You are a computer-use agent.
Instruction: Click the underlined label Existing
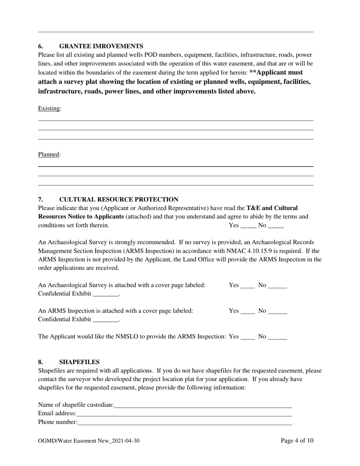(49, 109)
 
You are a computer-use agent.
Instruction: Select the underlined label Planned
(49, 155)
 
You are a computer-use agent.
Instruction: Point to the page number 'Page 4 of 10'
(297, 441)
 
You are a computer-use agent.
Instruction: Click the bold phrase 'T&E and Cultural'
(272, 208)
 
